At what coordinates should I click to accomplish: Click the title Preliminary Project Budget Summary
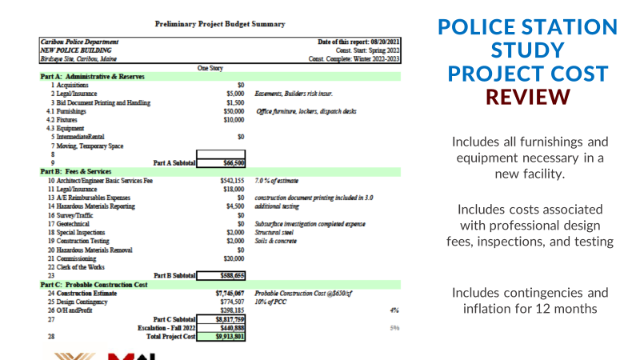219,24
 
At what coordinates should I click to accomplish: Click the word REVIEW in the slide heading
528,96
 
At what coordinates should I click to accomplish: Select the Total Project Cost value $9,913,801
222,337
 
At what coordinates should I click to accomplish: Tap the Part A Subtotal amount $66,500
222,162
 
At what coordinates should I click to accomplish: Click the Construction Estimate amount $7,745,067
225,294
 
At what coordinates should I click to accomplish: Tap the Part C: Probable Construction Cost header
94,285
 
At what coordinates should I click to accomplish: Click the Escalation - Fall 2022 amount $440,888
222,328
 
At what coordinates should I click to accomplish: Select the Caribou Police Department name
79,42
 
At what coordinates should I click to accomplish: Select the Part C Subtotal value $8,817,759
222,319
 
